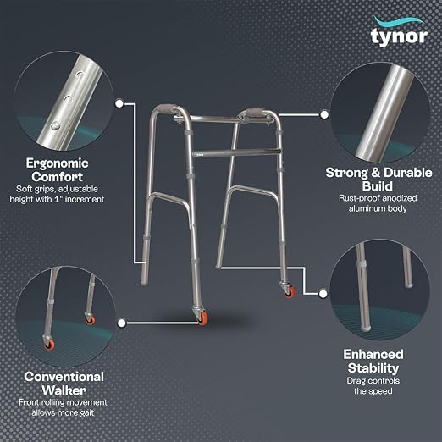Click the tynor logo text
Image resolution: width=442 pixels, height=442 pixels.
399,36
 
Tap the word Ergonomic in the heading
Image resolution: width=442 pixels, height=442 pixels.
58,163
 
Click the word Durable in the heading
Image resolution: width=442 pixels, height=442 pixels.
407,173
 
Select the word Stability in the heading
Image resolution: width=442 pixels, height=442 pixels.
373,368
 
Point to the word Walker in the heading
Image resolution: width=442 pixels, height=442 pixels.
64,390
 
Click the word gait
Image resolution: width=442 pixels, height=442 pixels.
87,413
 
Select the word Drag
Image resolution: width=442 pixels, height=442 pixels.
356,381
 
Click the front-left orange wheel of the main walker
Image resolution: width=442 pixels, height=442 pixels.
203,318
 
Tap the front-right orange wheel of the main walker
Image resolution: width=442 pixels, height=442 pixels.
290,291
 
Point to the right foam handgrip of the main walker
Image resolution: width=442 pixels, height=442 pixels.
255,113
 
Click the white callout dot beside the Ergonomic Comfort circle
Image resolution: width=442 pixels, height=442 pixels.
119,103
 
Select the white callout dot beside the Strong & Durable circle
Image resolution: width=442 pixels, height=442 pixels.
324,114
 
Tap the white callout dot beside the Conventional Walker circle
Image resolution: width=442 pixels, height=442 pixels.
121,323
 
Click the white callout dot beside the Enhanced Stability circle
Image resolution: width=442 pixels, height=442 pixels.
323,294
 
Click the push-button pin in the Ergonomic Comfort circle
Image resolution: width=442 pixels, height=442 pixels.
56,125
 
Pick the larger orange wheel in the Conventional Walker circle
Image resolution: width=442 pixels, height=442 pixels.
49,345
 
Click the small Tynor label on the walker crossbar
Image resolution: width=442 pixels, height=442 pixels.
200,154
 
